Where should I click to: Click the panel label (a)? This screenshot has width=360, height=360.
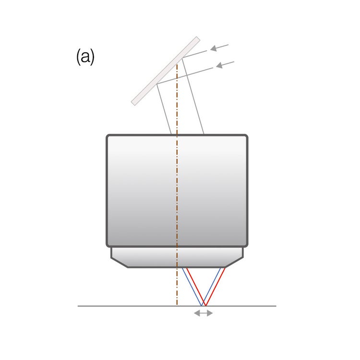point(85,57)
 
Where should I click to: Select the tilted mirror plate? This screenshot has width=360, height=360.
point(166,71)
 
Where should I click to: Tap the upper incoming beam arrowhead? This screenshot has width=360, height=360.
point(214,48)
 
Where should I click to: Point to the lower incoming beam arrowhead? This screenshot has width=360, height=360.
point(219,65)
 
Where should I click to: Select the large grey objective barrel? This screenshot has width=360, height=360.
point(177,191)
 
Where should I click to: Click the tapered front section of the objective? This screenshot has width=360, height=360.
point(177,257)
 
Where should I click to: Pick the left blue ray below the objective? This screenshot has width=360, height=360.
point(192,287)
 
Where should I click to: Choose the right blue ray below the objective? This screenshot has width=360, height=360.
point(211,287)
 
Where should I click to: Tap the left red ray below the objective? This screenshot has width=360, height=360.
point(196,287)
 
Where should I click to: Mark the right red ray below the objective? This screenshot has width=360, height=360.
point(216,287)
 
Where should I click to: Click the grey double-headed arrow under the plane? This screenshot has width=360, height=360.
point(204,312)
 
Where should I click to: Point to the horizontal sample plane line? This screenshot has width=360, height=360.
point(177,306)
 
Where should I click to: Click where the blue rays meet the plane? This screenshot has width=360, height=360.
point(202,306)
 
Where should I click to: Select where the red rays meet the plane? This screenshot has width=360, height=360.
point(206,306)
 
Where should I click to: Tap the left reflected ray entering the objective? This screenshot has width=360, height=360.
point(164,109)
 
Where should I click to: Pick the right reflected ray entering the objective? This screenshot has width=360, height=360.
point(193,96)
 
